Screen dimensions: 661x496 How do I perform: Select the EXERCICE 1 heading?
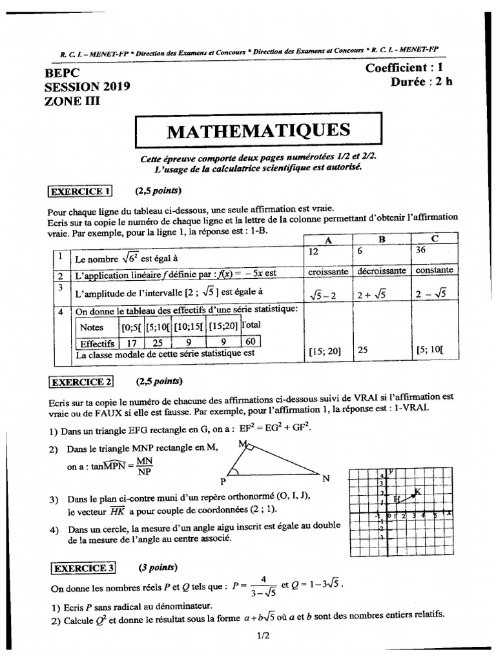pos(81,190)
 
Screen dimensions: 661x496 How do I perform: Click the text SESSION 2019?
pos(87,86)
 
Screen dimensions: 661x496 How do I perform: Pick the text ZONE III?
pos(73,100)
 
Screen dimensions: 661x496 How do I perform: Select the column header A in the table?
pos(328,239)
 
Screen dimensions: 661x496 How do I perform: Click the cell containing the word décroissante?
pos(382,271)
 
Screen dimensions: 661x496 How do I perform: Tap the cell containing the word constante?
pos(434,270)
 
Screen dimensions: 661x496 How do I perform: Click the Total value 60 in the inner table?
pos(252,341)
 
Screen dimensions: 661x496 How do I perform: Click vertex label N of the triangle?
pos(326,478)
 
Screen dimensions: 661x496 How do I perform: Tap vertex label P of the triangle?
pos(222,481)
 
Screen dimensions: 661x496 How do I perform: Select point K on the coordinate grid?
pos(418,491)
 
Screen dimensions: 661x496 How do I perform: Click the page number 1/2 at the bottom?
pos(262,635)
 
